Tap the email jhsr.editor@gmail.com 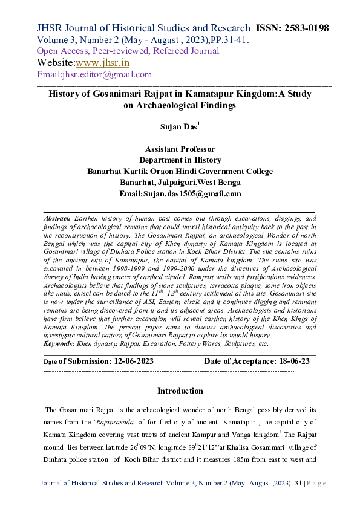coord(94,74)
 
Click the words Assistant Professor coord(180,149)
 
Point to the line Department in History coord(180,160)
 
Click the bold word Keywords coord(59,343)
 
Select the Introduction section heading coord(180,391)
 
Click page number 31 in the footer coord(297,484)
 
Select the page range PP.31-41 coord(220,39)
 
